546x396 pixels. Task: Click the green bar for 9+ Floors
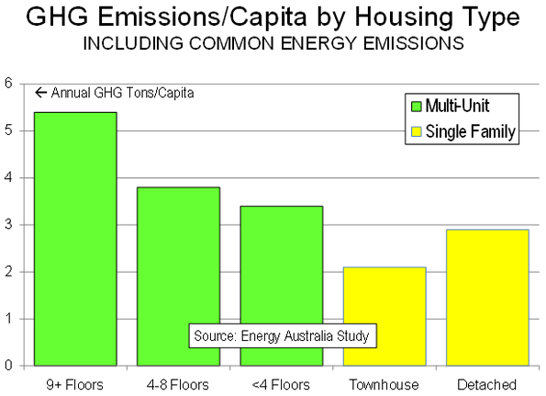coord(75,239)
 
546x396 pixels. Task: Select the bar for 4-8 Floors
coord(178,277)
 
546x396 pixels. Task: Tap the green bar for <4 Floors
coord(282,286)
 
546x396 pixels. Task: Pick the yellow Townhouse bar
coord(384,316)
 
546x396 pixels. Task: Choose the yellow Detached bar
coord(487,298)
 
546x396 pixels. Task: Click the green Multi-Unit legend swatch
coord(416,107)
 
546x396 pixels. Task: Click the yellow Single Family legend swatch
coord(416,131)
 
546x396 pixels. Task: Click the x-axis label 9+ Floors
coord(75,385)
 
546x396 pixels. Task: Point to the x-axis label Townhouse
coord(384,385)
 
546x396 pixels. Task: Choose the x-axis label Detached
coord(486,385)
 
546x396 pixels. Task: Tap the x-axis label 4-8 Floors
coord(178,385)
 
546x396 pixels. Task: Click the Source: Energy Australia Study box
coord(283,336)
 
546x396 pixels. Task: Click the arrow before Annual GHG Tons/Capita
coord(41,93)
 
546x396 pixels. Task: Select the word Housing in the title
coord(403,17)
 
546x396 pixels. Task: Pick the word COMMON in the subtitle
coord(232,43)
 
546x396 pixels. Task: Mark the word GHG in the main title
coord(58,17)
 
